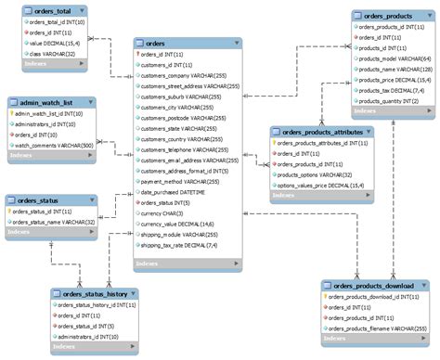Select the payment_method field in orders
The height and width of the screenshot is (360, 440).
[x=175, y=182]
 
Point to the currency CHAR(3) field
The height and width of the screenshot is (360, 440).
[x=164, y=213]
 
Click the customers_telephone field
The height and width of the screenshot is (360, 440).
[x=184, y=149]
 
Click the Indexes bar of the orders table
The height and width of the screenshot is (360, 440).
[x=186, y=264]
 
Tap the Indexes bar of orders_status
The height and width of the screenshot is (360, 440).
[x=51, y=235]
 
